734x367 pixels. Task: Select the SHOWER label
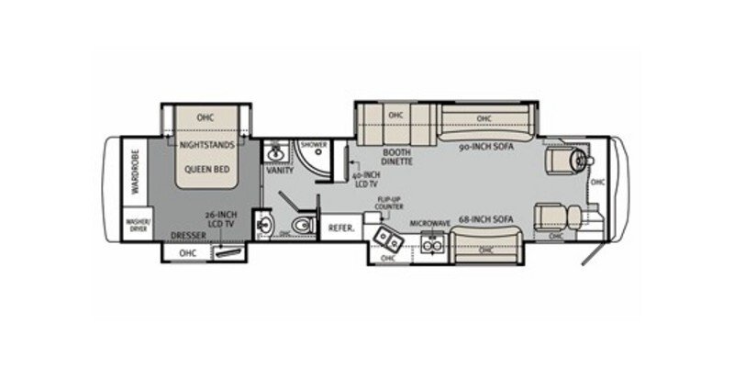point(314,144)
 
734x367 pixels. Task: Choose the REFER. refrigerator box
point(341,226)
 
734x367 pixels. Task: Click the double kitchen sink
point(389,239)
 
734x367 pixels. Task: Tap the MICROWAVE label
point(428,223)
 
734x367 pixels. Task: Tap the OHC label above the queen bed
point(205,117)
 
